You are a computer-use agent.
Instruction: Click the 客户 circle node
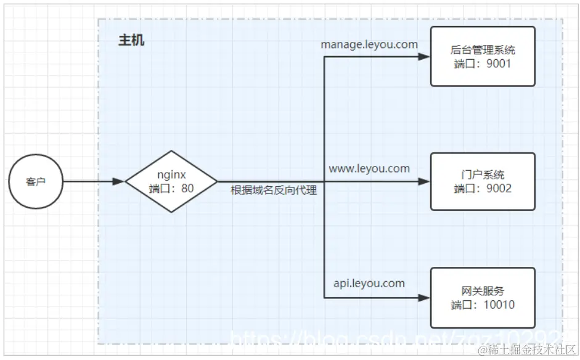coord(36,182)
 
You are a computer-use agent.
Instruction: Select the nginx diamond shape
coord(171,182)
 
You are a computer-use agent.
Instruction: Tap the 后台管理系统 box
coord(483,56)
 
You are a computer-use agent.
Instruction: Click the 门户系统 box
coord(483,182)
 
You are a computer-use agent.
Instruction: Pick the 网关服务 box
coord(483,298)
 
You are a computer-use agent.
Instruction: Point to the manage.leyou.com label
coord(369,44)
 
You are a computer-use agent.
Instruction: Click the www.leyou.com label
coord(369,168)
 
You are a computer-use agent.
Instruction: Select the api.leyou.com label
coord(369,283)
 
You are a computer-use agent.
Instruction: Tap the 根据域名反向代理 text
coord(274,190)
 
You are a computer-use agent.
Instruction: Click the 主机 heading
coord(131,41)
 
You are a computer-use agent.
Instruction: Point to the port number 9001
coord(498,63)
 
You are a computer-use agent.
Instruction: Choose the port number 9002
coord(498,189)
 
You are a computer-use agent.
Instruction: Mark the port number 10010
coord(499,305)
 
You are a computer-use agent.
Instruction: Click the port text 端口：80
coord(171,189)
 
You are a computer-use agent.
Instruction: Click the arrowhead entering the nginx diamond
coord(118,182)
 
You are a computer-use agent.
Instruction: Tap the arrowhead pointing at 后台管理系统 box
coord(423,57)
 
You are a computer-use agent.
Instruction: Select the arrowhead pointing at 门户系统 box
coord(423,182)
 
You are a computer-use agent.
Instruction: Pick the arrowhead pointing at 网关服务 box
coord(423,298)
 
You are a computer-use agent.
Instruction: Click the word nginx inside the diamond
coord(171,175)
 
